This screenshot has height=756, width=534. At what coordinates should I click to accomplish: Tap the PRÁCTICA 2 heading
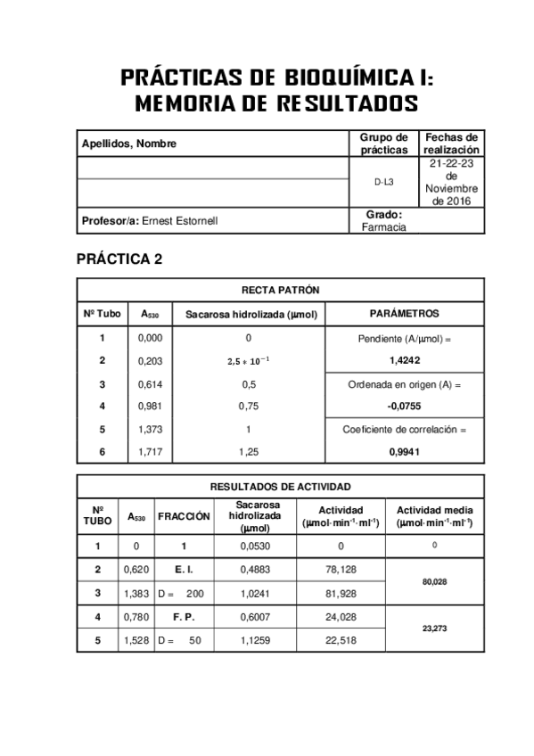[119, 259]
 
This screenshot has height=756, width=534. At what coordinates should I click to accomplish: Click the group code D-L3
[384, 182]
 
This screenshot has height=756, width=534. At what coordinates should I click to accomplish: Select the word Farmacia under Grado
[384, 226]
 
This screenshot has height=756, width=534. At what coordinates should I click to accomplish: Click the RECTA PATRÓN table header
[281, 291]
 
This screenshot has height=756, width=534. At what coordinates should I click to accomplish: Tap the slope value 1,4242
[405, 360]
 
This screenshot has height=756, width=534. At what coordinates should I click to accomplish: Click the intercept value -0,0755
[405, 406]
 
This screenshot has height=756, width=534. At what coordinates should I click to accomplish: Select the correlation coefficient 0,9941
[405, 452]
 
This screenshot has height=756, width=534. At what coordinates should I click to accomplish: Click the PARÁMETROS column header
[405, 314]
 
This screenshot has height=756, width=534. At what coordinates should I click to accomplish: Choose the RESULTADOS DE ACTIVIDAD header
[280, 487]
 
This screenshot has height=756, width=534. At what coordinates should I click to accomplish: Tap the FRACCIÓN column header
[184, 515]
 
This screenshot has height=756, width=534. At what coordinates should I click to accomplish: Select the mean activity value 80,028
[434, 580]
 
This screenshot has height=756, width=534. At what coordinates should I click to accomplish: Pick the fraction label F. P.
[184, 616]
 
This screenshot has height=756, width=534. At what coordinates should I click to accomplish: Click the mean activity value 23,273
[434, 628]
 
